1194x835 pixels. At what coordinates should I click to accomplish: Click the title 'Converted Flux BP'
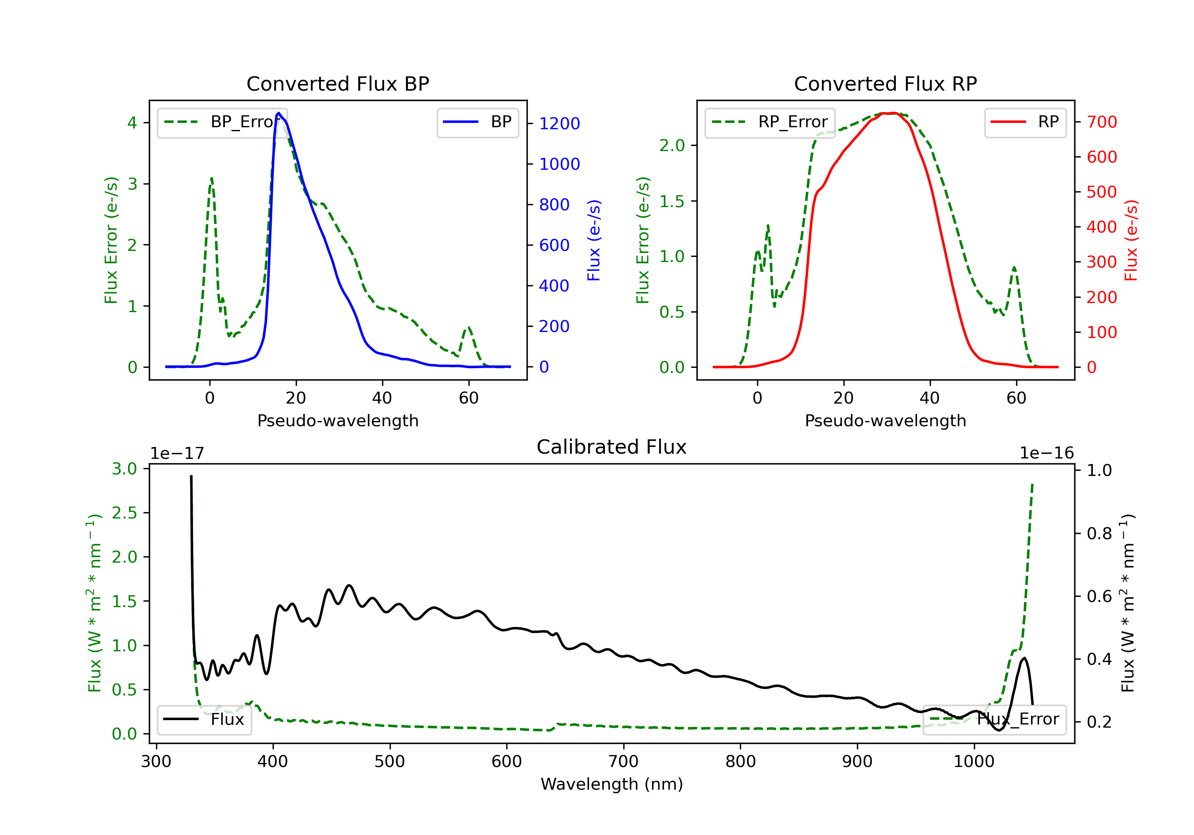338,83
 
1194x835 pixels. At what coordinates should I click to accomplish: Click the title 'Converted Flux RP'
885,83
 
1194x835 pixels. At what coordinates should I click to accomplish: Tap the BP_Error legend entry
222,122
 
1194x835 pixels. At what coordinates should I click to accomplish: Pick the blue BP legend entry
477,122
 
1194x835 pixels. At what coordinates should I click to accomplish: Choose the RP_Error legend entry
770,122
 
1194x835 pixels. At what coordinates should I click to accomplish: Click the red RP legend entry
1025,122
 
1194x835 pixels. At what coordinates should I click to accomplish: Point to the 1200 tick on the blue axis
559,124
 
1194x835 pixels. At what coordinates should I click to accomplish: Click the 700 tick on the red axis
1101,122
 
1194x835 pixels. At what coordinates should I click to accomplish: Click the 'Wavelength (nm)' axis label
612,784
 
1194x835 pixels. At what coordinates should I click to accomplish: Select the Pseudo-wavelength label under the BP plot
338,420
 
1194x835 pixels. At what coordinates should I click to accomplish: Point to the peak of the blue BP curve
279,113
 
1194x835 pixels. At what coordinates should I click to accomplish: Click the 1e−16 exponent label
1046,453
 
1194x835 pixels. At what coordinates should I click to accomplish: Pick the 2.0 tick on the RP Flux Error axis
672,146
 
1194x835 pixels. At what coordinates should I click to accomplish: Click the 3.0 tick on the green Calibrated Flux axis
124,469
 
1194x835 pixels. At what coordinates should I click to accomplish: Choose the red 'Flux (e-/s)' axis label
1131,240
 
